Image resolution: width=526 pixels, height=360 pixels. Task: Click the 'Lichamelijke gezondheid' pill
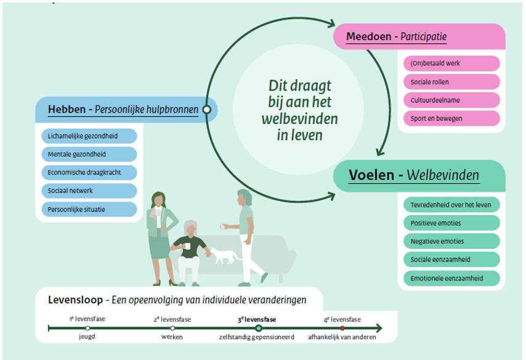(x=90, y=136)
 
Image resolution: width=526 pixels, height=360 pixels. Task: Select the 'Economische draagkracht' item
(x=90, y=173)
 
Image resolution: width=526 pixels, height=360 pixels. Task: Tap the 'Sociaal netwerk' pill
(x=90, y=191)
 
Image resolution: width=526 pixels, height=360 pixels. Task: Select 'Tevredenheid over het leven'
(x=451, y=205)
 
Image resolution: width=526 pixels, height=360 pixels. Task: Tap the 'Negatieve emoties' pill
(x=451, y=241)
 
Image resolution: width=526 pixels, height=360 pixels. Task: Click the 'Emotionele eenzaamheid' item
(x=451, y=278)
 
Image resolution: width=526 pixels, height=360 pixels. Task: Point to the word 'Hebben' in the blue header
(x=67, y=110)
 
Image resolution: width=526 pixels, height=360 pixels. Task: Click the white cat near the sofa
(x=224, y=254)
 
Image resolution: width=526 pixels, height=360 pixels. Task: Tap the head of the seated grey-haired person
(x=192, y=227)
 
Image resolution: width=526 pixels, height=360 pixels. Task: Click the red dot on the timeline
(x=342, y=329)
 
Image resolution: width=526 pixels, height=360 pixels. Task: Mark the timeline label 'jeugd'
(x=87, y=337)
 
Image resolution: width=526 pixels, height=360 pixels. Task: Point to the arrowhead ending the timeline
(x=378, y=329)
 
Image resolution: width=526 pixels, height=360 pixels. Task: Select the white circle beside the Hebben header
(x=207, y=110)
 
